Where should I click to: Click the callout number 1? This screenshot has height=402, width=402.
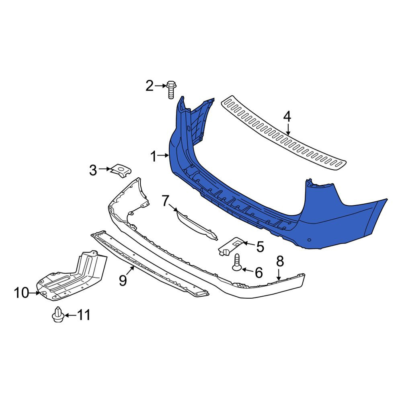click(153, 156)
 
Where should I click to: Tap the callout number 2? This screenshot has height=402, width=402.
click(150, 86)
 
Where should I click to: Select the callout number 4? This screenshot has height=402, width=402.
click(287, 117)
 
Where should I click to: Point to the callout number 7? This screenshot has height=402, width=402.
click(166, 201)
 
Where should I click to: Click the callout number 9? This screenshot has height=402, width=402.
click(123, 280)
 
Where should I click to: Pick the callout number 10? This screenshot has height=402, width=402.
click(22, 293)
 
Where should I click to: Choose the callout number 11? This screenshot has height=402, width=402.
click(84, 315)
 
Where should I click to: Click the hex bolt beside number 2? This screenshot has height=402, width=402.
click(171, 90)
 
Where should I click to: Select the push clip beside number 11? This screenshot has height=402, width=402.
click(58, 314)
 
